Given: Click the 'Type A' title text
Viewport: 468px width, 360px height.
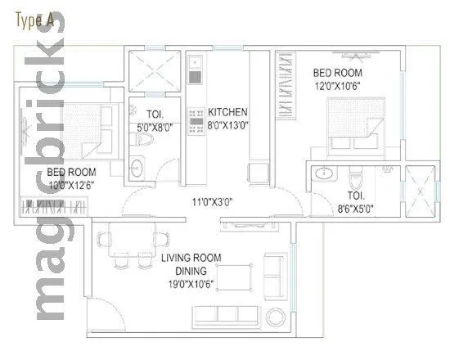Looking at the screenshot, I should tap(34, 21).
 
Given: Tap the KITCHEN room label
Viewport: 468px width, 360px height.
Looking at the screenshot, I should tap(227, 112).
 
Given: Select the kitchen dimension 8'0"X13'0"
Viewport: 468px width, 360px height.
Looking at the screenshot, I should tap(228, 126).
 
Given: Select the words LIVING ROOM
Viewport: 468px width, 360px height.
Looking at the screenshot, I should tap(191, 258).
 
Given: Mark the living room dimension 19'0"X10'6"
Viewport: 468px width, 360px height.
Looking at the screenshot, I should tap(191, 284).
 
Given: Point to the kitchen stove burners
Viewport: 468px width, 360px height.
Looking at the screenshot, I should tap(196, 119).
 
